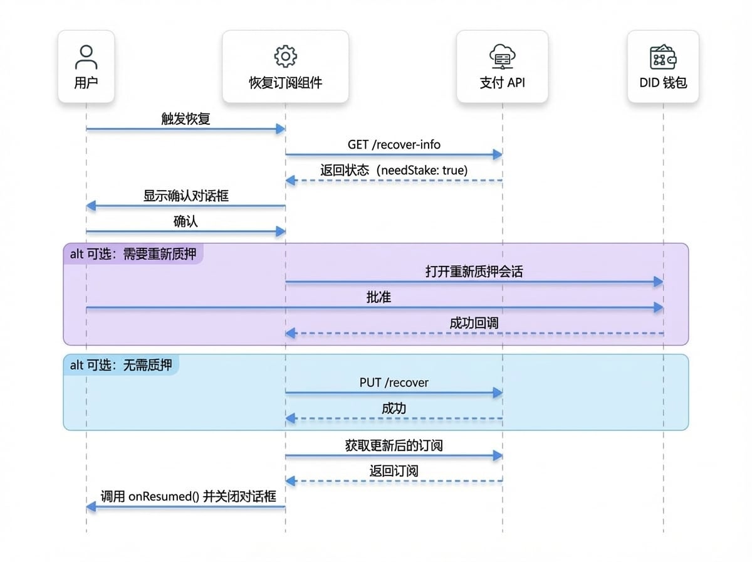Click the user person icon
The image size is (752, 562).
pyautogui.click(x=86, y=57)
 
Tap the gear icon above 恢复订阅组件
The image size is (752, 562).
pyautogui.click(x=285, y=56)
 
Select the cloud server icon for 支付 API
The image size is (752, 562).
pyautogui.click(x=502, y=56)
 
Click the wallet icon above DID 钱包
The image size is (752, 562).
pyautogui.click(x=663, y=57)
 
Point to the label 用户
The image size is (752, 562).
pyautogui.click(x=86, y=83)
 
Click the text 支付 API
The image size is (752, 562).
pyautogui.click(x=502, y=83)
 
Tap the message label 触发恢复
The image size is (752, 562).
pyautogui.click(x=185, y=119)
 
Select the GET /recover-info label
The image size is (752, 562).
pyautogui.click(x=394, y=145)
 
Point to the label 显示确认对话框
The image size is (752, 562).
pyautogui.click(x=185, y=196)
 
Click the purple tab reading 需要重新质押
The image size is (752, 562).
pyautogui.click(x=133, y=254)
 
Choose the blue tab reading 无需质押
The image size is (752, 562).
pyautogui.click(x=121, y=365)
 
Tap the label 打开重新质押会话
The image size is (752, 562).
pyautogui.click(x=474, y=272)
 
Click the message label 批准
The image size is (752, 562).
pyautogui.click(x=379, y=297)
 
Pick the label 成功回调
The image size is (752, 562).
pyautogui.click(x=474, y=323)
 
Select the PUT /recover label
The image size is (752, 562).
pyautogui.click(x=394, y=383)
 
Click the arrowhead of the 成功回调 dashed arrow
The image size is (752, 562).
pyautogui.click(x=290, y=333)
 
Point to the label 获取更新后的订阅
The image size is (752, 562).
pyautogui.click(x=394, y=445)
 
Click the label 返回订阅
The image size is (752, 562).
pyautogui.click(x=394, y=471)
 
